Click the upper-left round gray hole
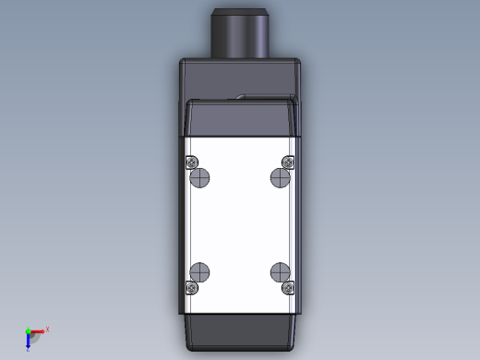[x=200, y=177]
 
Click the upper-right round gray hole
[x=280, y=177]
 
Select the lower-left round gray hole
[x=200, y=271]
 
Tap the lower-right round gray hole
[x=280, y=271]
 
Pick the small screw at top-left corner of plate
[x=192, y=163]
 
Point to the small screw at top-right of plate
[x=288, y=163]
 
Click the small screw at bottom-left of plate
[x=192, y=287]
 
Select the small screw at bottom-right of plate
[x=288, y=287]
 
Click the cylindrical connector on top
[x=240, y=33]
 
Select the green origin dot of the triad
[x=28, y=330]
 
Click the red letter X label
[x=47, y=329]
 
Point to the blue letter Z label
[x=29, y=349]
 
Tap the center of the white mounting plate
[x=240, y=224]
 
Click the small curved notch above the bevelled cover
[x=240, y=95]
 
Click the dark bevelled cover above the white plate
[x=240, y=118]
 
